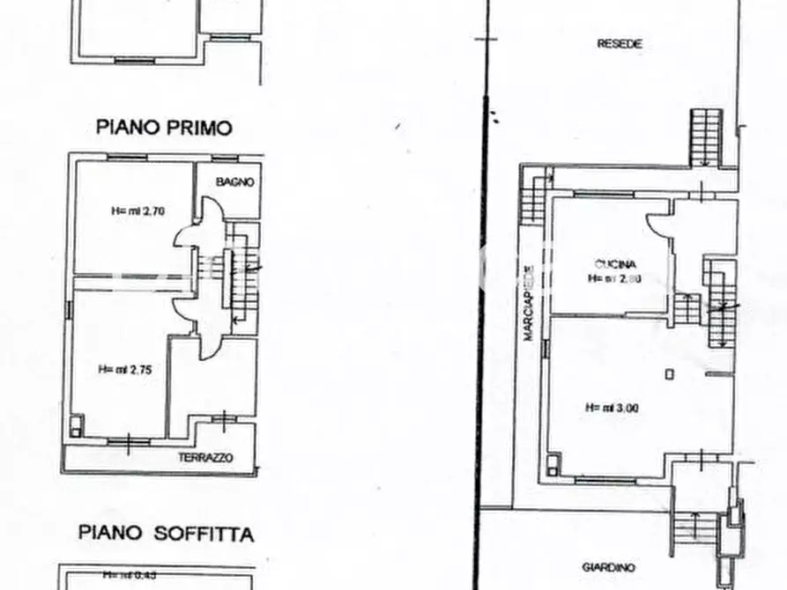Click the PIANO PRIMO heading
[x=164, y=128]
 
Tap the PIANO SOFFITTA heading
[x=166, y=534]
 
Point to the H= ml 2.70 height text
[x=134, y=211]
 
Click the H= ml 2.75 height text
[x=125, y=370]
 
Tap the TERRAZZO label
[x=204, y=458]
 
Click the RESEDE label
[x=619, y=43]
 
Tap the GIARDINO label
[x=608, y=568]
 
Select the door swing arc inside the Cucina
[x=657, y=225]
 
